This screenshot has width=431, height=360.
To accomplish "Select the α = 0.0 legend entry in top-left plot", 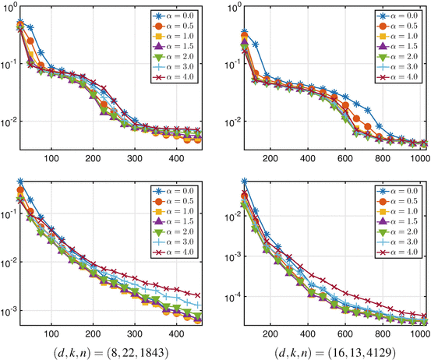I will coord(179,16).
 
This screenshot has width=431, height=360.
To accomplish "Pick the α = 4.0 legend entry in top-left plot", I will coord(179,78).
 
